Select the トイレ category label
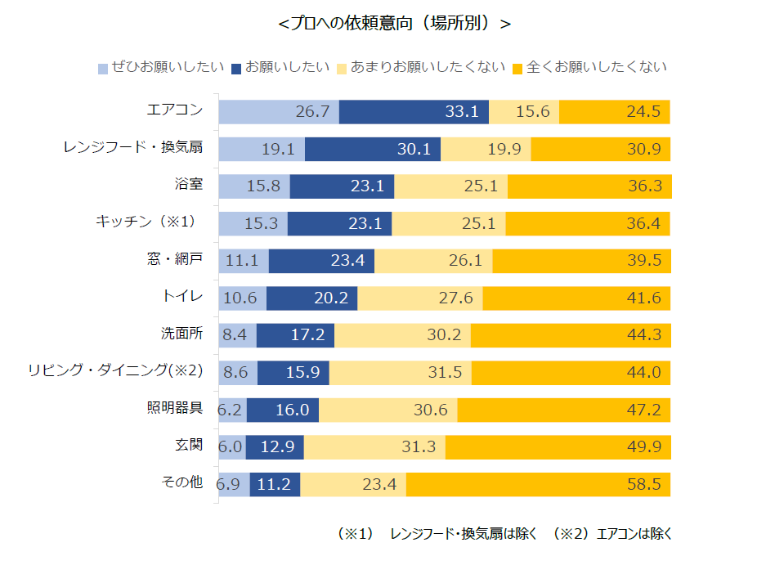(183, 296)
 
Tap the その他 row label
(181, 482)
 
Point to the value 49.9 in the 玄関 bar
(643, 447)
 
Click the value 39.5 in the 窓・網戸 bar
(643, 261)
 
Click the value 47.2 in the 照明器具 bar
(643, 410)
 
